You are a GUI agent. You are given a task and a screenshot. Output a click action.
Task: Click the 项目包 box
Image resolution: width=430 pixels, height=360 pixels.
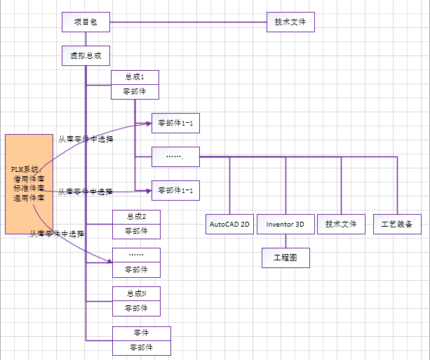86,22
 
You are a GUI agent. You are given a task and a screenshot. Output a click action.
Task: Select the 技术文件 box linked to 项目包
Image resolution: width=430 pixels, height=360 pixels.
290,22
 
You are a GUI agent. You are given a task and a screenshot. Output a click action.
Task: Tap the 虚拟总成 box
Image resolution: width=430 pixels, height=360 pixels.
86,56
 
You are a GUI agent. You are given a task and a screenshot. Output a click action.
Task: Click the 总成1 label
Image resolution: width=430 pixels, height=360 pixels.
135,77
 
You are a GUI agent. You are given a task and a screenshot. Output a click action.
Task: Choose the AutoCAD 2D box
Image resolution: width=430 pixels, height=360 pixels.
229,225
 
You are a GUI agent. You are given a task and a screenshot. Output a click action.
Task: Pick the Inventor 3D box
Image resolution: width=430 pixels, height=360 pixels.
285,225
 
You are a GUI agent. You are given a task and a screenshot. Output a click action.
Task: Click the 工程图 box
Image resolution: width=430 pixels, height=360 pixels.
285,258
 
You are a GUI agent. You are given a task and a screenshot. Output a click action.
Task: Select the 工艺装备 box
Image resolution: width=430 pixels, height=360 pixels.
397,225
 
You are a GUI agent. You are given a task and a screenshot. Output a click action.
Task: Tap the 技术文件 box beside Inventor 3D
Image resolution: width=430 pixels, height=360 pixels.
341,225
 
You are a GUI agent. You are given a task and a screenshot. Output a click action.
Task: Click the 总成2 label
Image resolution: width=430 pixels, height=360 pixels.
136,216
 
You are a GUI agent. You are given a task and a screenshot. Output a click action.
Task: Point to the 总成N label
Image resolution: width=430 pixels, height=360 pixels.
136,293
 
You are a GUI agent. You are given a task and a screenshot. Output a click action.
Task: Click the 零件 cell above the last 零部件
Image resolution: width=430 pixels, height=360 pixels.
141,333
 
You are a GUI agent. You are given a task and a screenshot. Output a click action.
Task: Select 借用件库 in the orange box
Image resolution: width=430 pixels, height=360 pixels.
28,179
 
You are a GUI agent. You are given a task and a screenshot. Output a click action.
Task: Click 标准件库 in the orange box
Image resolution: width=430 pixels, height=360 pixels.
28,188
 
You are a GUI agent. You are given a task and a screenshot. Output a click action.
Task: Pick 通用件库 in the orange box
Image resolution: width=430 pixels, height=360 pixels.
28,198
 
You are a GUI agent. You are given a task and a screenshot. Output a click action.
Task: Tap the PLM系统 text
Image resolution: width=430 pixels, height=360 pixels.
26,170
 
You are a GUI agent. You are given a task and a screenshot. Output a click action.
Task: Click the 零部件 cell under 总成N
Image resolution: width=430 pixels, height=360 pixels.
136,308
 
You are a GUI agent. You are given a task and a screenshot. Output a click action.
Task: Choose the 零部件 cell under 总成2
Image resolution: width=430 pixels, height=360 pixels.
136,231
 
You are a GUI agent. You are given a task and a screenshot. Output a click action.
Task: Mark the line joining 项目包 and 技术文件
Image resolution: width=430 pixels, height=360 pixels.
188,22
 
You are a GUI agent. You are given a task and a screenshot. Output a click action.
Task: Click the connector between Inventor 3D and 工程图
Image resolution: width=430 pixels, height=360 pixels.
285,241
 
